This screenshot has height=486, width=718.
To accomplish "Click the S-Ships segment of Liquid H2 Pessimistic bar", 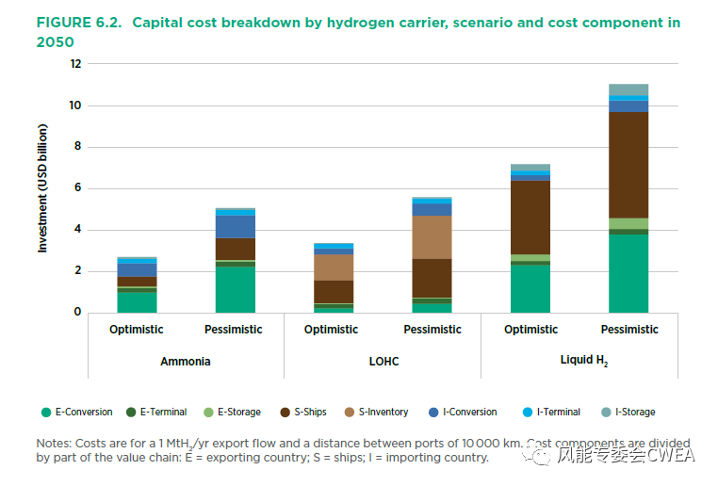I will click(628, 165).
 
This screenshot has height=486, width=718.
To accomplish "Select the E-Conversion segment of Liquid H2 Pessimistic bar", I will click(628, 272).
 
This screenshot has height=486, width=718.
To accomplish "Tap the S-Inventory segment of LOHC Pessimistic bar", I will click(432, 237).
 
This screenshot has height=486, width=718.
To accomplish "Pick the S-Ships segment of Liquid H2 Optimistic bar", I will click(530, 217).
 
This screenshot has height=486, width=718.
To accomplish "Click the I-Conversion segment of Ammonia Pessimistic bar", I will click(235, 226).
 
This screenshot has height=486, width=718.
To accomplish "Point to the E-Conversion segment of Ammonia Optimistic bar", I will click(137, 301).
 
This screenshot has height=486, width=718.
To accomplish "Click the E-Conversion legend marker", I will click(45, 412).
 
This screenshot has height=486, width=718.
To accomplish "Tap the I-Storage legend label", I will click(635, 412).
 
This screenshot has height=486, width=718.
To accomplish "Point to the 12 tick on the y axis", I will click(76, 64).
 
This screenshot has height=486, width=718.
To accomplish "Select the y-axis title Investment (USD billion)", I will click(42, 188).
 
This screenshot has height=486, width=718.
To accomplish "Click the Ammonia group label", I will click(186, 361).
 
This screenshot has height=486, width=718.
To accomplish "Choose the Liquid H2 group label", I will click(579, 361).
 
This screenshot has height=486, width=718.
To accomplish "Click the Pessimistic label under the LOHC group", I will click(432, 330).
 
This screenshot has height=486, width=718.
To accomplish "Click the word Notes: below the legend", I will click(54, 443).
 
